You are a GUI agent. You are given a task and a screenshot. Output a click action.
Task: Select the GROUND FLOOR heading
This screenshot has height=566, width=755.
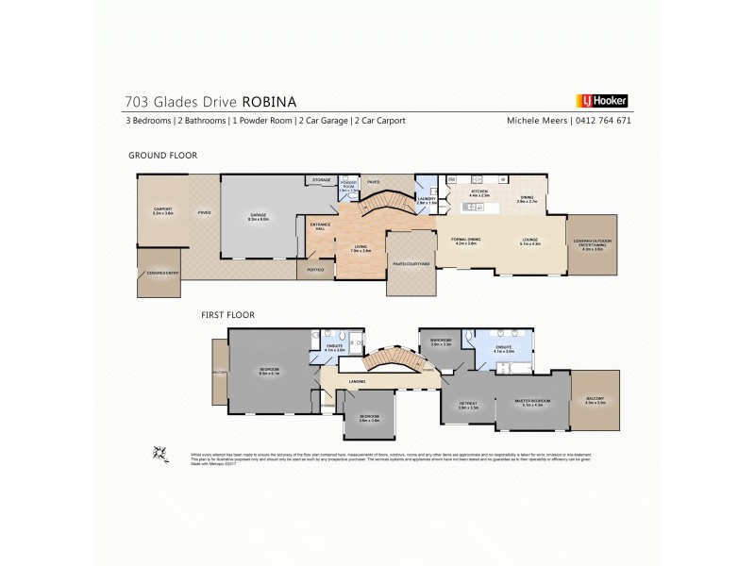161,155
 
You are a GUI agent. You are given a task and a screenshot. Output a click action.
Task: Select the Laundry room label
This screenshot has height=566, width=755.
426,199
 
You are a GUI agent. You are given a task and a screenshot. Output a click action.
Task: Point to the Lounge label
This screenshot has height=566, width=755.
530,240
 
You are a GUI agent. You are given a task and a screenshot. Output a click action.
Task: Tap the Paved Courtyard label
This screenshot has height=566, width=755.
411,264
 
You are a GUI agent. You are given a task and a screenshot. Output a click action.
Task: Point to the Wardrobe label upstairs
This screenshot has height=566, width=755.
442,341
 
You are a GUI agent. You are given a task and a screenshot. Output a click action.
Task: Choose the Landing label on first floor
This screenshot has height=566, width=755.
357,381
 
